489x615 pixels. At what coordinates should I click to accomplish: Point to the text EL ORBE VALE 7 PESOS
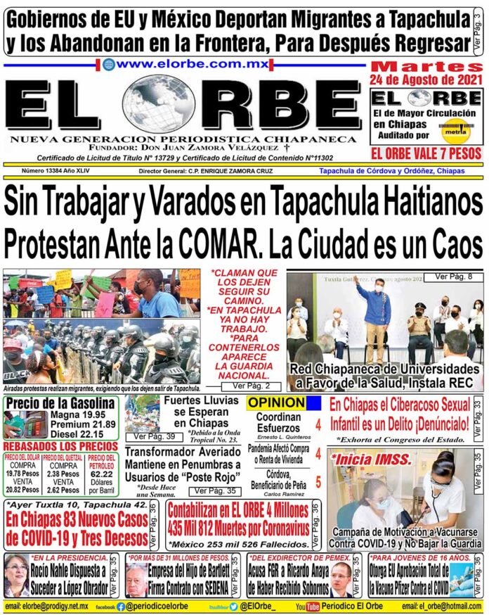click(426, 153)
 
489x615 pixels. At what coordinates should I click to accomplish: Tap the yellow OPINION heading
click(276, 402)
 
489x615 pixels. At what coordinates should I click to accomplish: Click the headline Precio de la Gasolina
click(60, 403)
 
